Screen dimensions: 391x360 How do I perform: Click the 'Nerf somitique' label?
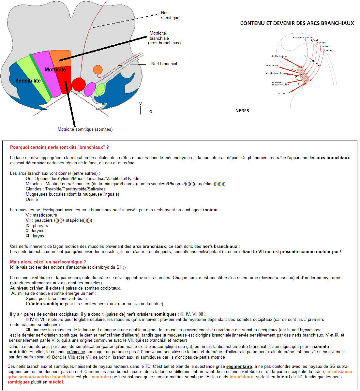click(x=170, y=15)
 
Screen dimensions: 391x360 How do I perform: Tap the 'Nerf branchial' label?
click(x=164, y=64)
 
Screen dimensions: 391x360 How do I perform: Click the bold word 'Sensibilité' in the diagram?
click(x=28, y=81)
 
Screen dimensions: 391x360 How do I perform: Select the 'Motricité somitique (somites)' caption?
click(x=85, y=129)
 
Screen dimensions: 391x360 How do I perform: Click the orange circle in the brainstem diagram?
click(x=97, y=69)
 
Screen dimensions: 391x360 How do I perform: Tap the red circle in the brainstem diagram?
click(x=79, y=84)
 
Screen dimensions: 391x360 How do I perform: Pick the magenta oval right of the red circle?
click(x=89, y=89)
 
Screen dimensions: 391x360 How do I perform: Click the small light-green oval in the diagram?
click(x=100, y=89)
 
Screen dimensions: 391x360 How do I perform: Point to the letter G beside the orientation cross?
click(x=151, y=112)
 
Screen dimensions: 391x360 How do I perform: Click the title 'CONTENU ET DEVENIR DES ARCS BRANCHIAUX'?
click(x=297, y=23)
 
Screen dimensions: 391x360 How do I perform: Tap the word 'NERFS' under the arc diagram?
click(x=242, y=111)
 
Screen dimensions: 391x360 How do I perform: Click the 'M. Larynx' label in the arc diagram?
click(x=282, y=94)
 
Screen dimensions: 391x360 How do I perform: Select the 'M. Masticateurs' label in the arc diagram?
click(x=279, y=56)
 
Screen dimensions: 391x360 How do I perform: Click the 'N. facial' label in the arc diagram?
click(x=314, y=40)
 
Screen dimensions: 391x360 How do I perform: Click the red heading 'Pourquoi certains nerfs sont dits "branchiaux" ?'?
click(x=59, y=147)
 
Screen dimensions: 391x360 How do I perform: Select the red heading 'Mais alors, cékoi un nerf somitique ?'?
click(x=48, y=262)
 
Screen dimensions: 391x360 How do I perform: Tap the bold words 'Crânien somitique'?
click(x=45, y=304)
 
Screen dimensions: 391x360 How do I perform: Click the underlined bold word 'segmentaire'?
click(x=239, y=367)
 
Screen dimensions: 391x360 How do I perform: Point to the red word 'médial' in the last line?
click(x=56, y=382)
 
